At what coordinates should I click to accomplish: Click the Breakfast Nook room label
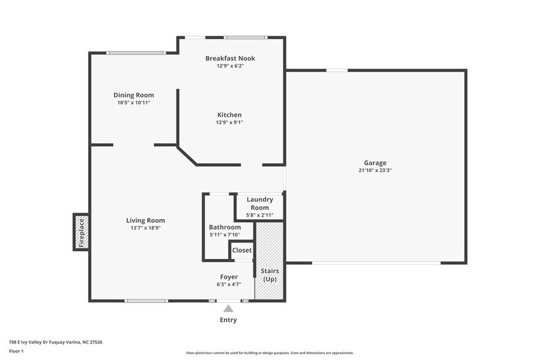click(x=230, y=58)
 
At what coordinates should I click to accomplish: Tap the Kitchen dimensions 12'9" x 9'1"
click(x=230, y=122)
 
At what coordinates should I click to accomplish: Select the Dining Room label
click(x=133, y=95)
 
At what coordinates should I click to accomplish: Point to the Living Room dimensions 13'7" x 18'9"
click(x=145, y=228)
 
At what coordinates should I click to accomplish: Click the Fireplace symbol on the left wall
click(x=81, y=232)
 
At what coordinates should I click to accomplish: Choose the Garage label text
click(x=375, y=163)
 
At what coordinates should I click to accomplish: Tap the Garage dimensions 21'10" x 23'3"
click(x=375, y=171)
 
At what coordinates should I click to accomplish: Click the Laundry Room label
click(x=260, y=203)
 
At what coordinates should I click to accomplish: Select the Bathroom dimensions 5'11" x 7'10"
click(x=224, y=234)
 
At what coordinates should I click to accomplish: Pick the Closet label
click(x=242, y=250)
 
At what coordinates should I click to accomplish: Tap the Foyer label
click(x=229, y=277)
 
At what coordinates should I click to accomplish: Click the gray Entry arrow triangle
click(x=228, y=309)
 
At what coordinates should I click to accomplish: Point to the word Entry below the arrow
click(x=228, y=320)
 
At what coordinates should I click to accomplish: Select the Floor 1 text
click(x=16, y=351)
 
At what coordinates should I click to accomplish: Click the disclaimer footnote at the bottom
click(x=269, y=353)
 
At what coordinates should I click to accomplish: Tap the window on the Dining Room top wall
click(x=135, y=53)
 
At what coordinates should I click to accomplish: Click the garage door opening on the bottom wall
click(x=376, y=263)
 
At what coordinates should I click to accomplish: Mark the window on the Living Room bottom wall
click(x=146, y=301)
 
